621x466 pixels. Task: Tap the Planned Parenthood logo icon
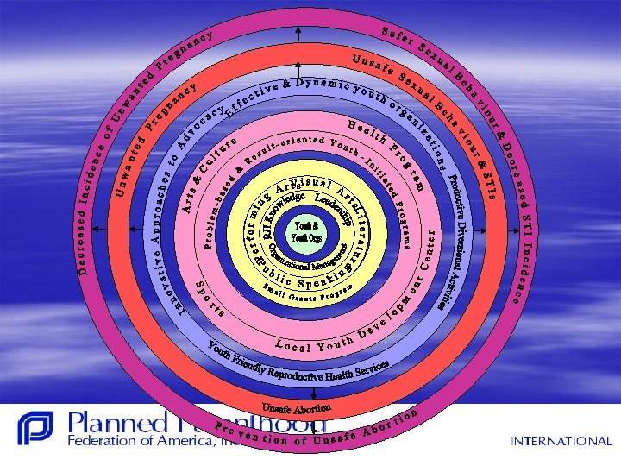coord(34,428)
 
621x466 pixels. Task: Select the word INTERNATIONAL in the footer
coord(560,441)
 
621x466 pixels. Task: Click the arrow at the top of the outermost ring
coord(297,32)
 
